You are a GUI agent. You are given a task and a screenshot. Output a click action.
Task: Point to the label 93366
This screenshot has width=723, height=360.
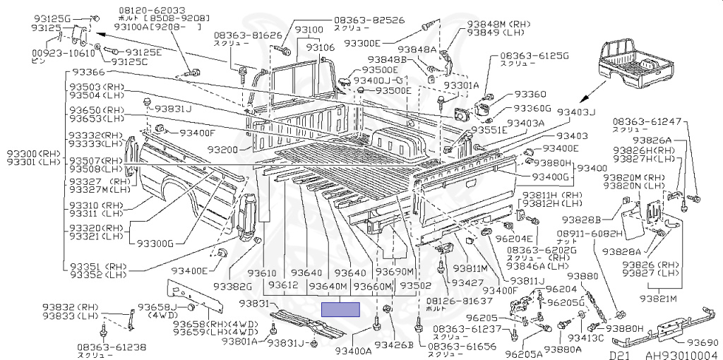(87, 73)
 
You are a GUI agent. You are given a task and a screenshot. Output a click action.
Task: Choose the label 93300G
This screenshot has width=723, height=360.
(155, 244)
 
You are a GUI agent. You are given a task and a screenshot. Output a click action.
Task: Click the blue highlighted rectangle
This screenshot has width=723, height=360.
(340, 308)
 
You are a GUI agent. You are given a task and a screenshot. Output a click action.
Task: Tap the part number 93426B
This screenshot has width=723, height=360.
(393, 345)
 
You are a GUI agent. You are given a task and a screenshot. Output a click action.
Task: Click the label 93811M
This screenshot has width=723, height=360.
(470, 268)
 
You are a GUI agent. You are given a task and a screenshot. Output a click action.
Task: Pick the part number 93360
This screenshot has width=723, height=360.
(530, 95)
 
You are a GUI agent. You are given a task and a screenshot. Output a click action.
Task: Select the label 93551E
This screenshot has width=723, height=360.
(489, 131)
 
